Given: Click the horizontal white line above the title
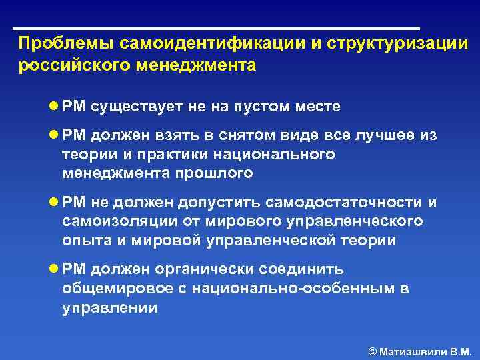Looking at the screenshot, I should [217, 29].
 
